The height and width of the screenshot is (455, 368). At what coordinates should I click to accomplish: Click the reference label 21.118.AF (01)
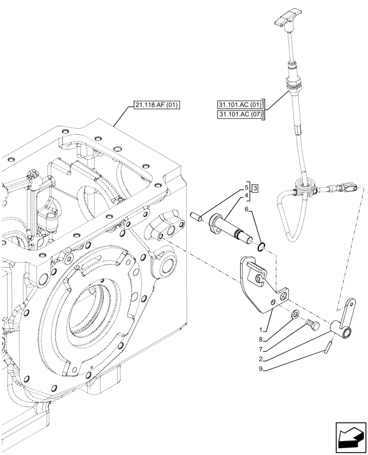click(157, 106)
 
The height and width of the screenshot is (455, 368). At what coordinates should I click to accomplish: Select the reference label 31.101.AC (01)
click(240, 105)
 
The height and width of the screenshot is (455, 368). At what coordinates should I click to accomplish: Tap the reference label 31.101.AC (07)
click(240, 115)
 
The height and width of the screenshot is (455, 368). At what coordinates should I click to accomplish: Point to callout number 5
click(246, 187)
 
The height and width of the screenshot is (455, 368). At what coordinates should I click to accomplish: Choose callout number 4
click(246, 196)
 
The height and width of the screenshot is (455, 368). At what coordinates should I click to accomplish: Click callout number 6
click(246, 210)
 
